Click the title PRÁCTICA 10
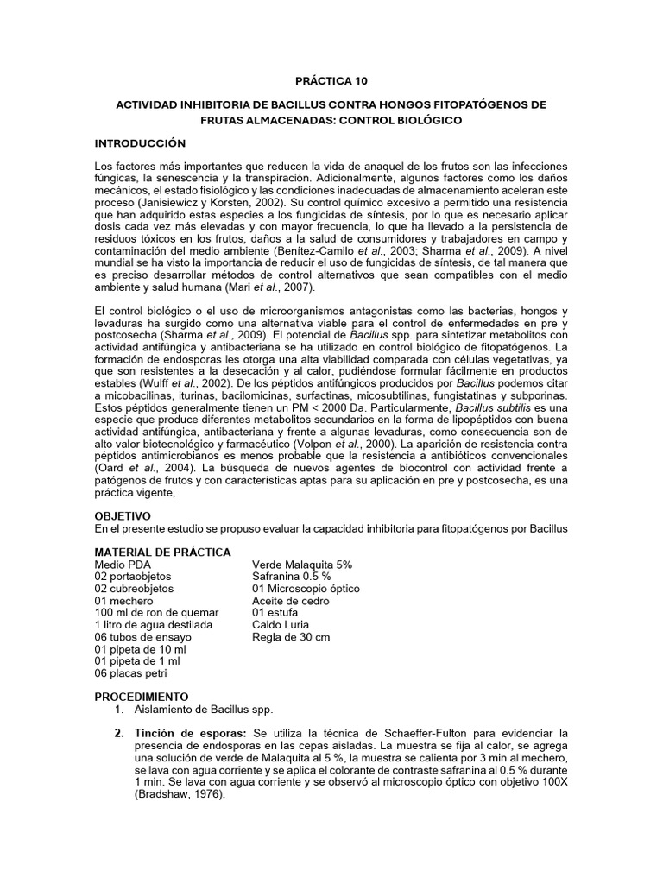332,81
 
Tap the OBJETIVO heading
123,515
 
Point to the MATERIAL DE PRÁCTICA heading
162,552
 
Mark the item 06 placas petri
131,673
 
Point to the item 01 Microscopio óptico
306,588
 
